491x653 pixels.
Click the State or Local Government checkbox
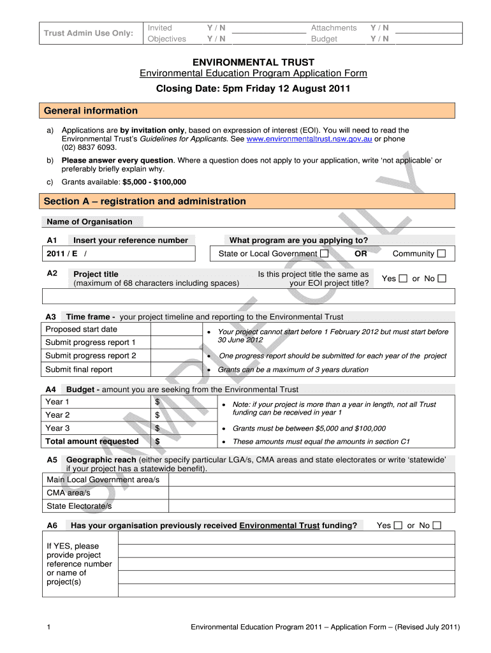(x=325, y=254)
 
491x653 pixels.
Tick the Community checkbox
(x=442, y=254)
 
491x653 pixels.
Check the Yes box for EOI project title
(x=402, y=279)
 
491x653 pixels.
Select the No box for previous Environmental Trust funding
(x=437, y=525)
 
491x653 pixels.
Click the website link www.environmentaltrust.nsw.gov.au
(x=309, y=139)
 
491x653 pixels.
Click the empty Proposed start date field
(x=175, y=330)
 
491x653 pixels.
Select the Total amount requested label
(x=92, y=441)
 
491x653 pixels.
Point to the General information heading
(x=91, y=111)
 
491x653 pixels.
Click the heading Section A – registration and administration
(x=145, y=202)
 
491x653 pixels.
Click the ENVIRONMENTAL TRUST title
(x=254, y=62)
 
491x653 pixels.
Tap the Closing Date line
(x=253, y=89)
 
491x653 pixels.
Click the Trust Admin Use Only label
(x=88, y=33)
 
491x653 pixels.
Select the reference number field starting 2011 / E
(x=119, y=254)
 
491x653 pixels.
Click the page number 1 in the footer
(x=49, y=627)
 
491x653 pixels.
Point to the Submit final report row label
(x=78, y=370)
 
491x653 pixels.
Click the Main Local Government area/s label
(x=103, y=480)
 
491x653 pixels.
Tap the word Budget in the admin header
(x=324, y=39)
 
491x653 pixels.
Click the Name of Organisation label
(x=89, y=222)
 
